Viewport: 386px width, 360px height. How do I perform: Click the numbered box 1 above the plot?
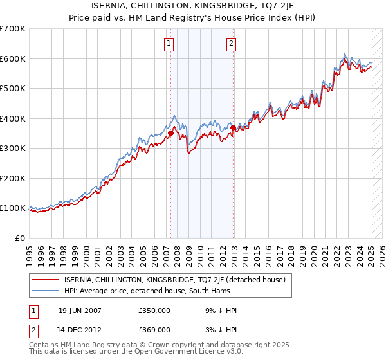[x=169, y=44]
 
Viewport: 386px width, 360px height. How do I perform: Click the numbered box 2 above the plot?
[x=231, y=44]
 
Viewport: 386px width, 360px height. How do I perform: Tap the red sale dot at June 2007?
[x=170, y=134]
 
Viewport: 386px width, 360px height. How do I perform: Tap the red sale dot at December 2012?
[x=233, y=127]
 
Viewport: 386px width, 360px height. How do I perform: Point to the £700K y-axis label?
[x=13, y=29]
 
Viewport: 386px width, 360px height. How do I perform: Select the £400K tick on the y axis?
[x=13, y=118]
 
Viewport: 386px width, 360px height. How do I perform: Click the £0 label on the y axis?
[x=19, y=238]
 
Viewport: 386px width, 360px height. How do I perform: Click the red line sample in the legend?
[x=45, y=280]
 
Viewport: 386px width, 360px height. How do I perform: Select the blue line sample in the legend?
[x=45, y=291]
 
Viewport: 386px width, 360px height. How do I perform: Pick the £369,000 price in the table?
[x=154, y=329]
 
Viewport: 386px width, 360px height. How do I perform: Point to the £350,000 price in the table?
[x=154, y=310]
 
